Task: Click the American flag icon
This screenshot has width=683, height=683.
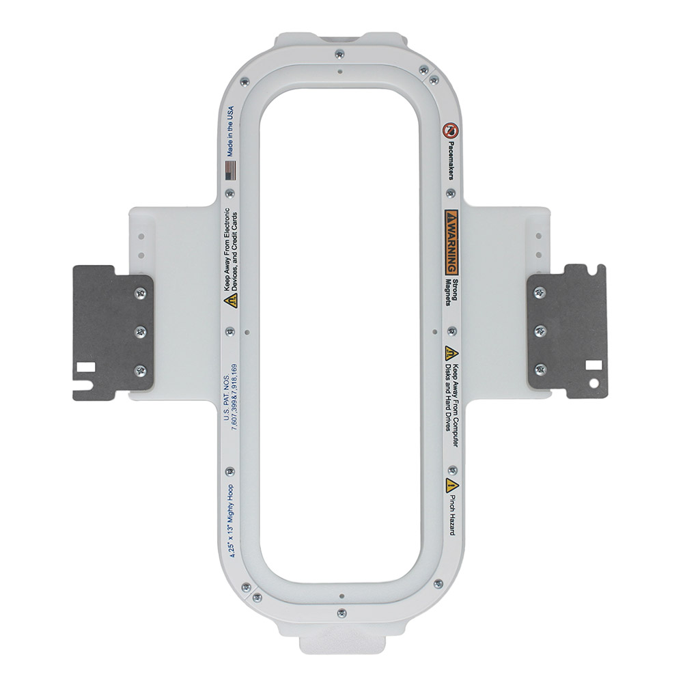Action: coord(231,170)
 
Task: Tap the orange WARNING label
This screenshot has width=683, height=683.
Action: coord(451,242)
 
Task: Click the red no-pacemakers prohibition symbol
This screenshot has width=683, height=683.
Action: coord(450,130)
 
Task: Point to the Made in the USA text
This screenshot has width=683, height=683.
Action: coord(230,131)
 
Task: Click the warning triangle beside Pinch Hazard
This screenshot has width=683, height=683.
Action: coord(451,485)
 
